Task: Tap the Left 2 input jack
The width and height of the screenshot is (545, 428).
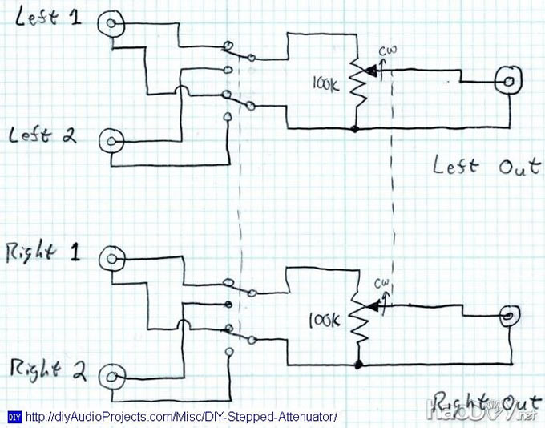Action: point(110,142)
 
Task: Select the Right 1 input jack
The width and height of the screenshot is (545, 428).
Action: point(109,257)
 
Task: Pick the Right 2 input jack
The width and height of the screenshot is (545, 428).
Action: point(112,374)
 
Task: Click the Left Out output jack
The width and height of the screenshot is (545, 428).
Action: point(508,79)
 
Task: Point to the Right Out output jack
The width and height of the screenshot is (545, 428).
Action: point(509,315)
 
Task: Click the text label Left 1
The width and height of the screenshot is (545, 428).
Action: point(47,19)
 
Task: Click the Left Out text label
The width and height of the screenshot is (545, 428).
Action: point(486,167)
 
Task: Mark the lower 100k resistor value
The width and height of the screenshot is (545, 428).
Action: point(326,321)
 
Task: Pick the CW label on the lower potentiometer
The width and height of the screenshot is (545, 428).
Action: point(382,285)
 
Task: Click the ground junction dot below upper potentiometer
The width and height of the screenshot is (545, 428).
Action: point(355,128)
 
